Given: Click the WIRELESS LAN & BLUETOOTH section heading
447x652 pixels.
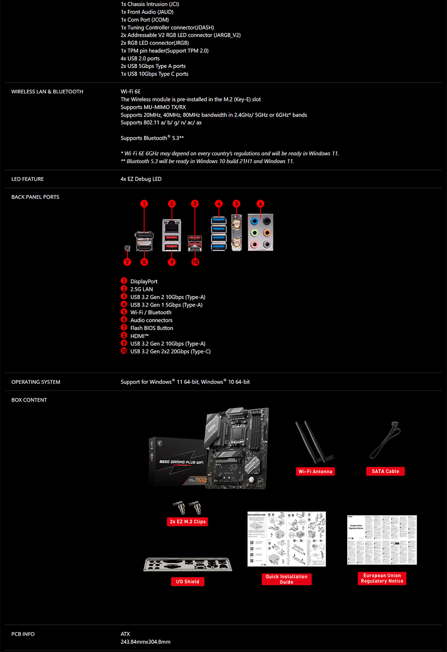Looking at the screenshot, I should click(x=47, y=92).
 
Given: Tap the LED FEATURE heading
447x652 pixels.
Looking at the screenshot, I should click(x=27, y=179).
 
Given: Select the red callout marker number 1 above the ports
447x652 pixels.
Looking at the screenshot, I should click(x=144, y=204).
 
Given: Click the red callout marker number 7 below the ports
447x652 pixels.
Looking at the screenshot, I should click(x=127, y=262).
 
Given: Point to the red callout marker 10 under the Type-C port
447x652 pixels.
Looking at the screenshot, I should click(x=195, y=262).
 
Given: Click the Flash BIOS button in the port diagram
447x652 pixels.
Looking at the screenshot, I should click(x=127, y=248).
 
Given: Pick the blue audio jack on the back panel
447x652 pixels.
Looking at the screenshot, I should click(x=254, y=221).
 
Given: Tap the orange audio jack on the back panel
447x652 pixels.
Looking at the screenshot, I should click(x=267, y=233).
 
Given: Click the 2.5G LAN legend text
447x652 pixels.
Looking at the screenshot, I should click(x=141, y=289).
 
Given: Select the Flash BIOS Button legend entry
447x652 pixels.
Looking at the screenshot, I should click(x=152, y=328).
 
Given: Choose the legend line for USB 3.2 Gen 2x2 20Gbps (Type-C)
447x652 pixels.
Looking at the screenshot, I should click(x=170, y=351).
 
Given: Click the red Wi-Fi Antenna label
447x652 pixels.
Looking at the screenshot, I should click(x=315, y=471).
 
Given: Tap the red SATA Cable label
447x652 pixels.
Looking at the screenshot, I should click(x=385, y=471).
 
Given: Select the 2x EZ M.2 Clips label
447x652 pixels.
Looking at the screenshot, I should click(x=188, y=521).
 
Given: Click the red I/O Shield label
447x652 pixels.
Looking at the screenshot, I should click(x=188, y=581).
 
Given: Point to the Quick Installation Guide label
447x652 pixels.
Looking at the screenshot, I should click(x=287, y=579).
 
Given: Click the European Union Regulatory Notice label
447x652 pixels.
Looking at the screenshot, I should click(x=382, y=578).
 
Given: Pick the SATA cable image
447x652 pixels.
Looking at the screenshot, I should click(x=385, y=440).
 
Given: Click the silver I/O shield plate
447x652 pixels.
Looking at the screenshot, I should click(x=188, y=564).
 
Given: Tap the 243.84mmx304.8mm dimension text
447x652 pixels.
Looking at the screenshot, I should click(x=145, y=642).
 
